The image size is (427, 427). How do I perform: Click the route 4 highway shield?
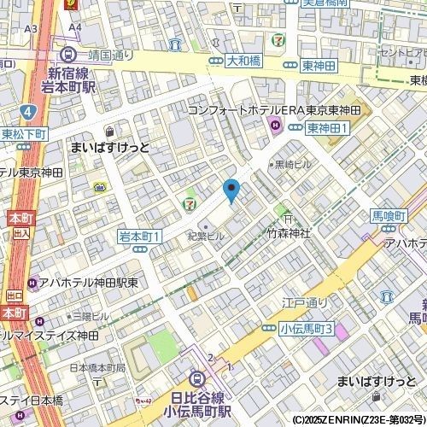[28, 111]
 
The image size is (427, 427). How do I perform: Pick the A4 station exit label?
[75, 28]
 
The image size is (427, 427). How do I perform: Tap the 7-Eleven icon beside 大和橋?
[278, 39]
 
